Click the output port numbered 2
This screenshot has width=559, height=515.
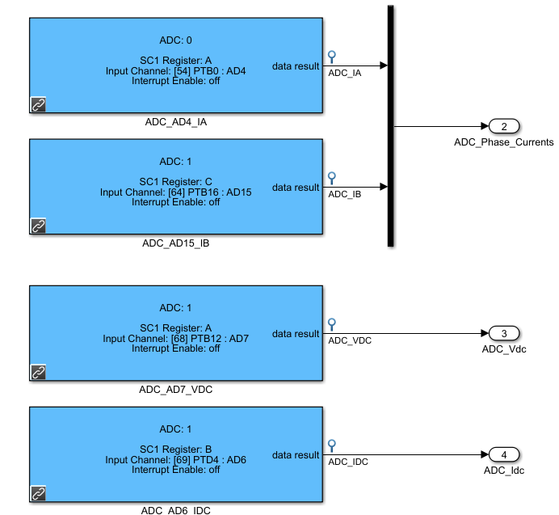pos(504,126)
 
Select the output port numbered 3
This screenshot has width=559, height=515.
pos(504,334)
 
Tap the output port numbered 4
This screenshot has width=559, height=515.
pos(504,454)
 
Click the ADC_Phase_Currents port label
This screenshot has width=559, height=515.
pos(504,142)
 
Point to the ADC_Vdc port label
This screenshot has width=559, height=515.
pos(504,349)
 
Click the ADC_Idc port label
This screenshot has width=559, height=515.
pos(504,470)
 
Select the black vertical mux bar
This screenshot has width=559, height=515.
pos(391,125)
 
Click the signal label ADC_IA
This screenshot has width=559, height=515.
pos(343,73)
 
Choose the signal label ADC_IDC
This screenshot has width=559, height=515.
pos(348,462)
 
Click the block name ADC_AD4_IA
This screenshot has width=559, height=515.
pos(176,122)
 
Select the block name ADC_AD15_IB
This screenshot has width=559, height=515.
pos(176,243)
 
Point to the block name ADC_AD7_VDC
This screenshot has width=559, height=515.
pos(176,389)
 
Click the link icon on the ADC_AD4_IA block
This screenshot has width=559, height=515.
pos(38,104)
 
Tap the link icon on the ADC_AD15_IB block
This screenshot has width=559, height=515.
pos(38,226)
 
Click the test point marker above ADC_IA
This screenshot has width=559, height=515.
pos(331,57)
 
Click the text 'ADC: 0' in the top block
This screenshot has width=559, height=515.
pos(176,40)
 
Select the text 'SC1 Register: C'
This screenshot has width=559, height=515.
pos(176,181)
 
